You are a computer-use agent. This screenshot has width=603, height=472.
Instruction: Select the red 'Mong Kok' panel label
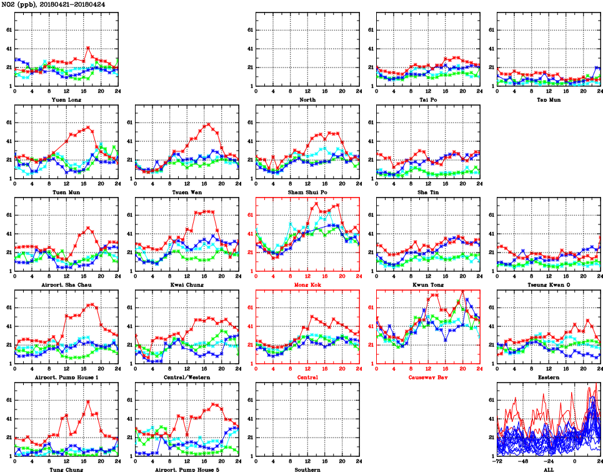(307, 284)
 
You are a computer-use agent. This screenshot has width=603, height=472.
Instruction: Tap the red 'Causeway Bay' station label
(428, 377)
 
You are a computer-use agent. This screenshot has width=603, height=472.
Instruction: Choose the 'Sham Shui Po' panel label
(307, 192)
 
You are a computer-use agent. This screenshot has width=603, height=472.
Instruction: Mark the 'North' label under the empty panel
(307, 99)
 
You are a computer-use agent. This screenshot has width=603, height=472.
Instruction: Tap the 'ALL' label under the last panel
(549, 469)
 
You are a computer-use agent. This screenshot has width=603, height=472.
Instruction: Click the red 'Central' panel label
(307, 377)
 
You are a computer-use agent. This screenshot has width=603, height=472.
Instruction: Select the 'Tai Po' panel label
(428, 99)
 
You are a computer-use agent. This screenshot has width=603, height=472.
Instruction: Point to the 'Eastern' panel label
(549, 377)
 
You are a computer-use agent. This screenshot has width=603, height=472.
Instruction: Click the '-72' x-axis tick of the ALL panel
(497, 462)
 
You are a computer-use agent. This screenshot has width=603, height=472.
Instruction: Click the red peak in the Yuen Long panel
(88, 48)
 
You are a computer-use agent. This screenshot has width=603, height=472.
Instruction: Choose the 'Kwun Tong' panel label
(428, 284)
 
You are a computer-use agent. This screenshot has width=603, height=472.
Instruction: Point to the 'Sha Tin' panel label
(428, 192)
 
